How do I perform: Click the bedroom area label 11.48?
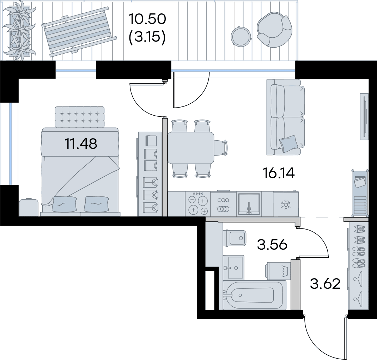pos(81,144)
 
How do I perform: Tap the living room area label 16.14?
pos(279,173)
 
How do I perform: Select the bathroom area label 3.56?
pos(272,245)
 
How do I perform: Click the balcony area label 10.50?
pos(147,19)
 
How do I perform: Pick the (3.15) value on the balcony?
pos(147,37)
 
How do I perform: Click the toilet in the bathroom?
pos(235,238)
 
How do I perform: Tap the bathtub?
pos(255,295)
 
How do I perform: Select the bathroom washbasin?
pos(233,268)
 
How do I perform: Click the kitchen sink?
pos(249,204)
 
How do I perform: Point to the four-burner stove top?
pos(198,204)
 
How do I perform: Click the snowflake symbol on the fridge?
pos(286,205)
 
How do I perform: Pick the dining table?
pos(191,147)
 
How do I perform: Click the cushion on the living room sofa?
pos(288,144)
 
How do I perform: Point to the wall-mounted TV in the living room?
pos(364,116)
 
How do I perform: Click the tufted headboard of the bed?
pos(80,117)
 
